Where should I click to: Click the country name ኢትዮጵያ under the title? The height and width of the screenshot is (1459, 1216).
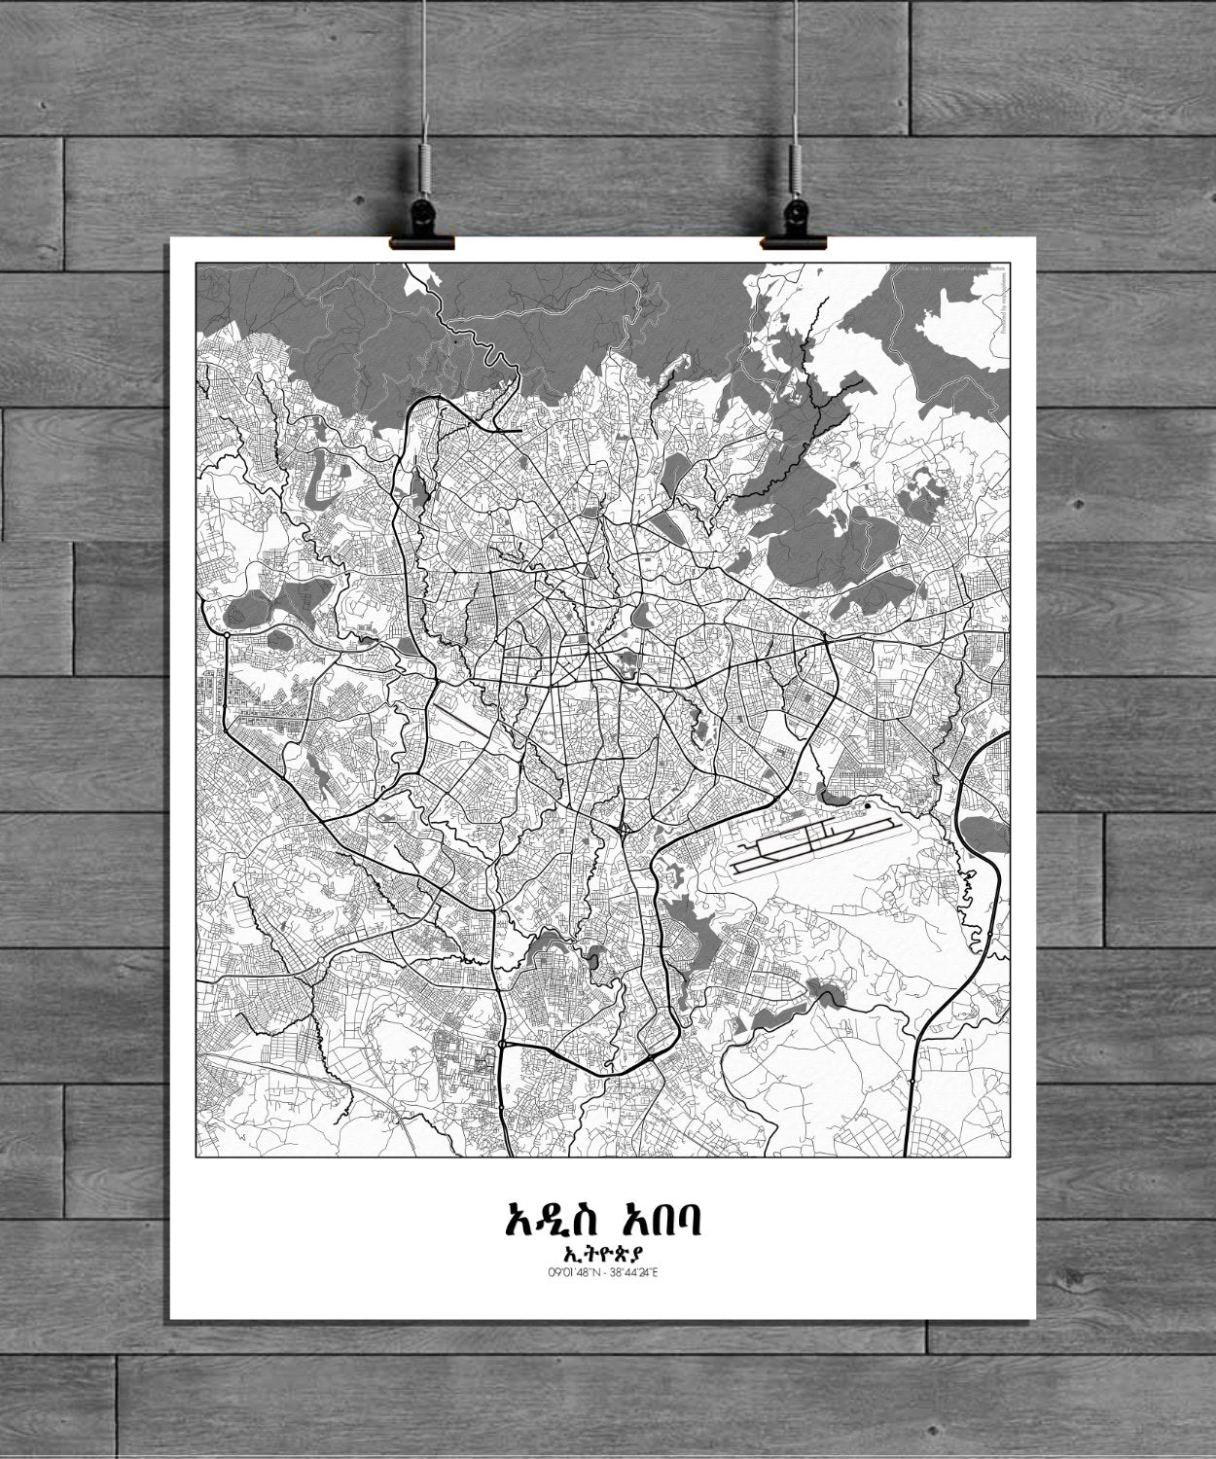605,1253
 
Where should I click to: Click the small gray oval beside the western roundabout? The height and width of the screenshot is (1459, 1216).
237,615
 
